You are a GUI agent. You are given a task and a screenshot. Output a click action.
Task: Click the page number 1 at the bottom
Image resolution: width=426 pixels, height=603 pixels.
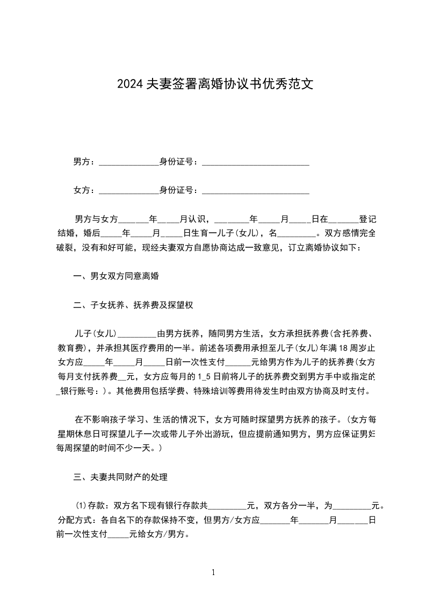(213, 572)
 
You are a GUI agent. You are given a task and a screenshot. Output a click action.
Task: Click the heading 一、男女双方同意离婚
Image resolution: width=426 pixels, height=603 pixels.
(116, 277)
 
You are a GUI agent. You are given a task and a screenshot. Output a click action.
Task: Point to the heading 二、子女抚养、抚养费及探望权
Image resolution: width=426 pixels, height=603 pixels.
(133, 305)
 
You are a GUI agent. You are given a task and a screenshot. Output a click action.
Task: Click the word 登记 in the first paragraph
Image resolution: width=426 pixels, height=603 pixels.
(367, 219)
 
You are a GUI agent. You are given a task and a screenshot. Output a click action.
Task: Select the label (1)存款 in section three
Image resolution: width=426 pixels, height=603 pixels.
(88, 506)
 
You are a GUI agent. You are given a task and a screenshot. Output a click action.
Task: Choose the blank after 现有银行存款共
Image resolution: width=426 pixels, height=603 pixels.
(226, 506)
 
